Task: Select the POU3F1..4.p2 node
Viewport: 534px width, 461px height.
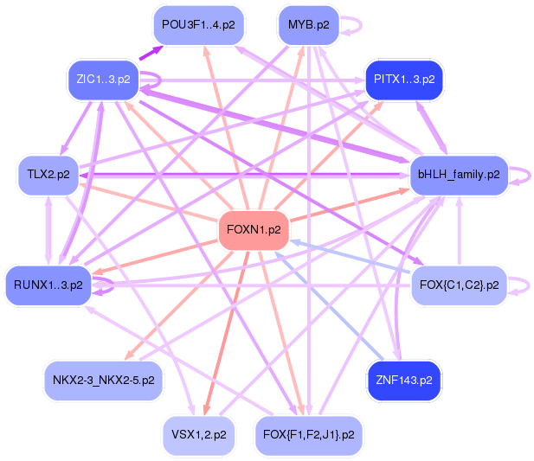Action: (198, 25)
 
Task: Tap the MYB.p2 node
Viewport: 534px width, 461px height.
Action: (308, 25)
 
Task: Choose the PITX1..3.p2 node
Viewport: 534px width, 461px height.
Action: (404, 79)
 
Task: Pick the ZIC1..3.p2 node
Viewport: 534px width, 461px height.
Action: (103, 79)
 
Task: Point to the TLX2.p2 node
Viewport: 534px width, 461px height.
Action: (48, 175)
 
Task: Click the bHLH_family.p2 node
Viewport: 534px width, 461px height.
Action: (458, 175)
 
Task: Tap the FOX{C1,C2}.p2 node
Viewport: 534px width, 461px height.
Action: (458, 284)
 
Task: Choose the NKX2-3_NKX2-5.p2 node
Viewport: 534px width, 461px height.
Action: (103, 380)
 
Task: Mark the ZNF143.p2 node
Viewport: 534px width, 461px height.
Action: (404, 380)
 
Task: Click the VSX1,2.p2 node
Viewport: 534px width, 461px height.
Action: (198, 434)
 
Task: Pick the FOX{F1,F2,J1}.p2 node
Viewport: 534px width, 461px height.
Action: (308, 434)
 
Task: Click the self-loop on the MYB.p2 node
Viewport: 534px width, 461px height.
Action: (351, 25)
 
